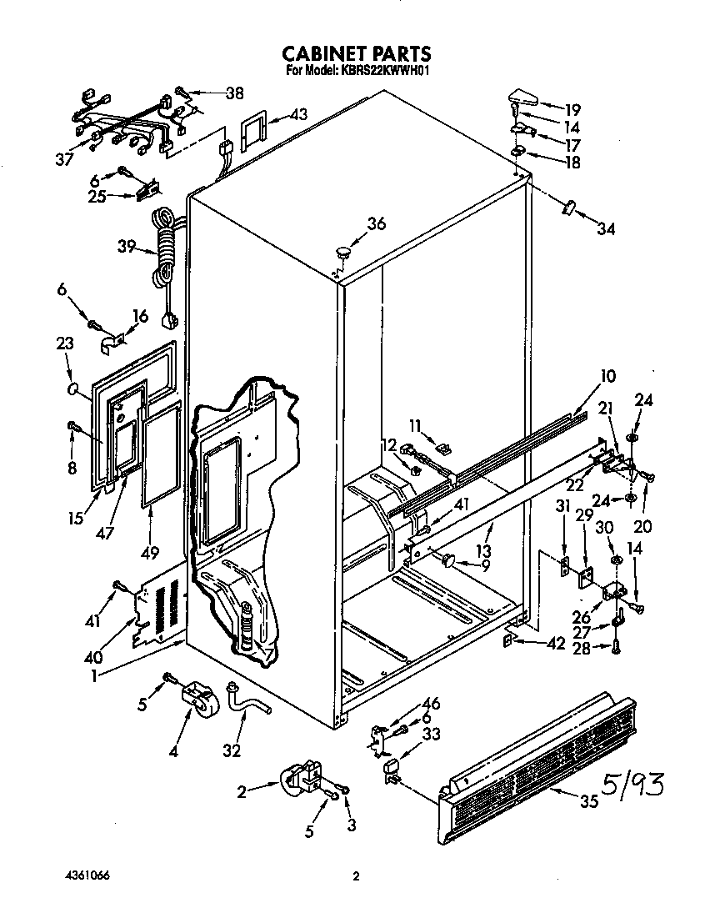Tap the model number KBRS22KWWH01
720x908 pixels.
pyautogui.click(x=386, y=72)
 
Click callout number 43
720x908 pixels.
pyautogui.click(x=297, y=114)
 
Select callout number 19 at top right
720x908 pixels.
pyautogui.click(x=572, y=108)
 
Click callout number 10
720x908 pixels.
pyautogui.click(x=607, y=377)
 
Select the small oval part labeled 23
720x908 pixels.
pyautogui.click(x=72, y=389)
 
